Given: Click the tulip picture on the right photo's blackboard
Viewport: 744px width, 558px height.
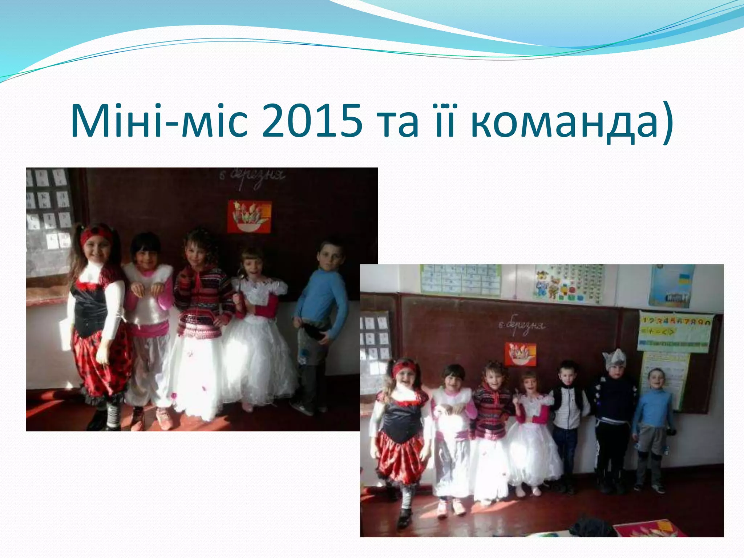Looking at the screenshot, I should [x=520, y=354].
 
